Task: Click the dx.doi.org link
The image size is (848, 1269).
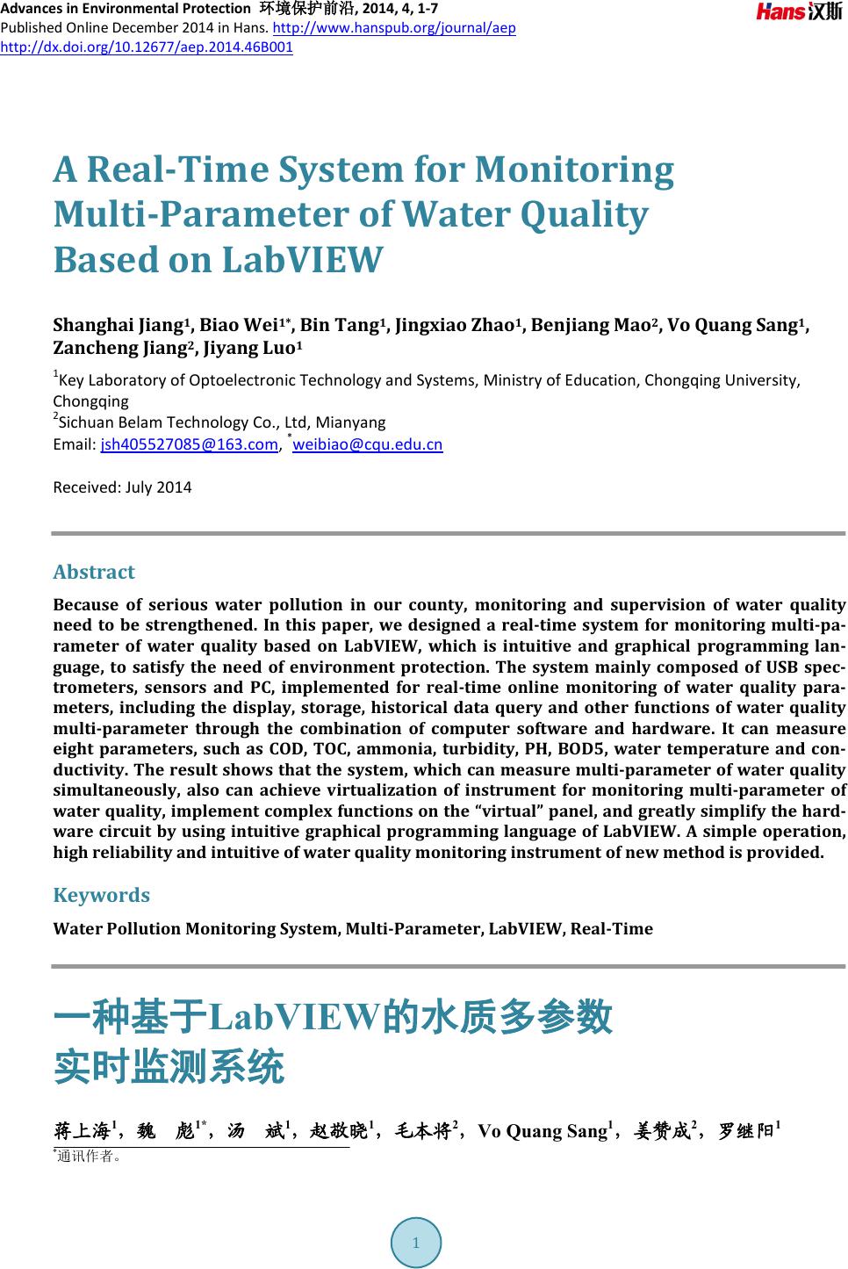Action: [x=147, y=46]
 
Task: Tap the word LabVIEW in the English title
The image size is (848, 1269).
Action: [x=302, y=260]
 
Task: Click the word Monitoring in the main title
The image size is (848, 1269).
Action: [x=574, y=169]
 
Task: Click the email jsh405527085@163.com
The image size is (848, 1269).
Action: [x=189, y=444]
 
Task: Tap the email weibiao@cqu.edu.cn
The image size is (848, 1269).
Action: [x=367, y=444]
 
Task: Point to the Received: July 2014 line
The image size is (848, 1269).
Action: [x=122, y=487]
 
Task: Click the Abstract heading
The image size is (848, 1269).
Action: [x=94, y=572]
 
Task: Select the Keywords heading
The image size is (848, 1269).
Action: [x=101, y=895]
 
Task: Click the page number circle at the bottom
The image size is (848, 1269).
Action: [x=415, y=1243]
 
